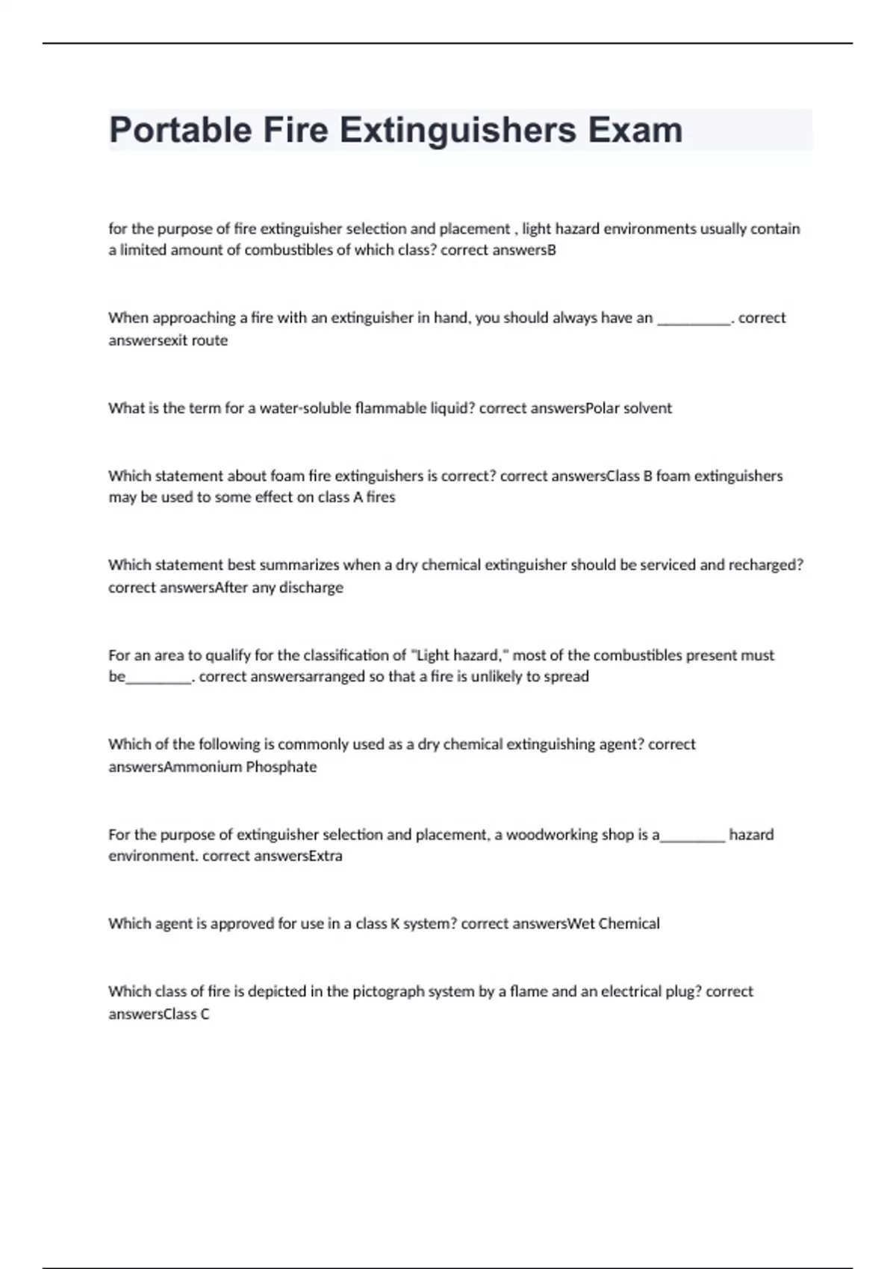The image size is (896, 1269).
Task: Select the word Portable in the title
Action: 181,130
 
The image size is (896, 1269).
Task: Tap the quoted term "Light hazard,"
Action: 459,655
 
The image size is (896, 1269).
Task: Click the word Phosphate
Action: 281,767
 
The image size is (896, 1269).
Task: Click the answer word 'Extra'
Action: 326,856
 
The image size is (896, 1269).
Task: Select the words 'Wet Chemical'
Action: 614,924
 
